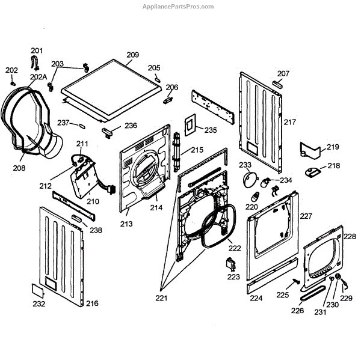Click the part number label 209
point(132,55)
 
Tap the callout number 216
point(91,304)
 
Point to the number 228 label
point(350,237)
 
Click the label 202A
point(39,76)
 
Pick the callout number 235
point(210,130)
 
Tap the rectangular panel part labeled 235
point(190,124)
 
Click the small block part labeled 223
point(229,263)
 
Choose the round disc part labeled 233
point(248,178)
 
